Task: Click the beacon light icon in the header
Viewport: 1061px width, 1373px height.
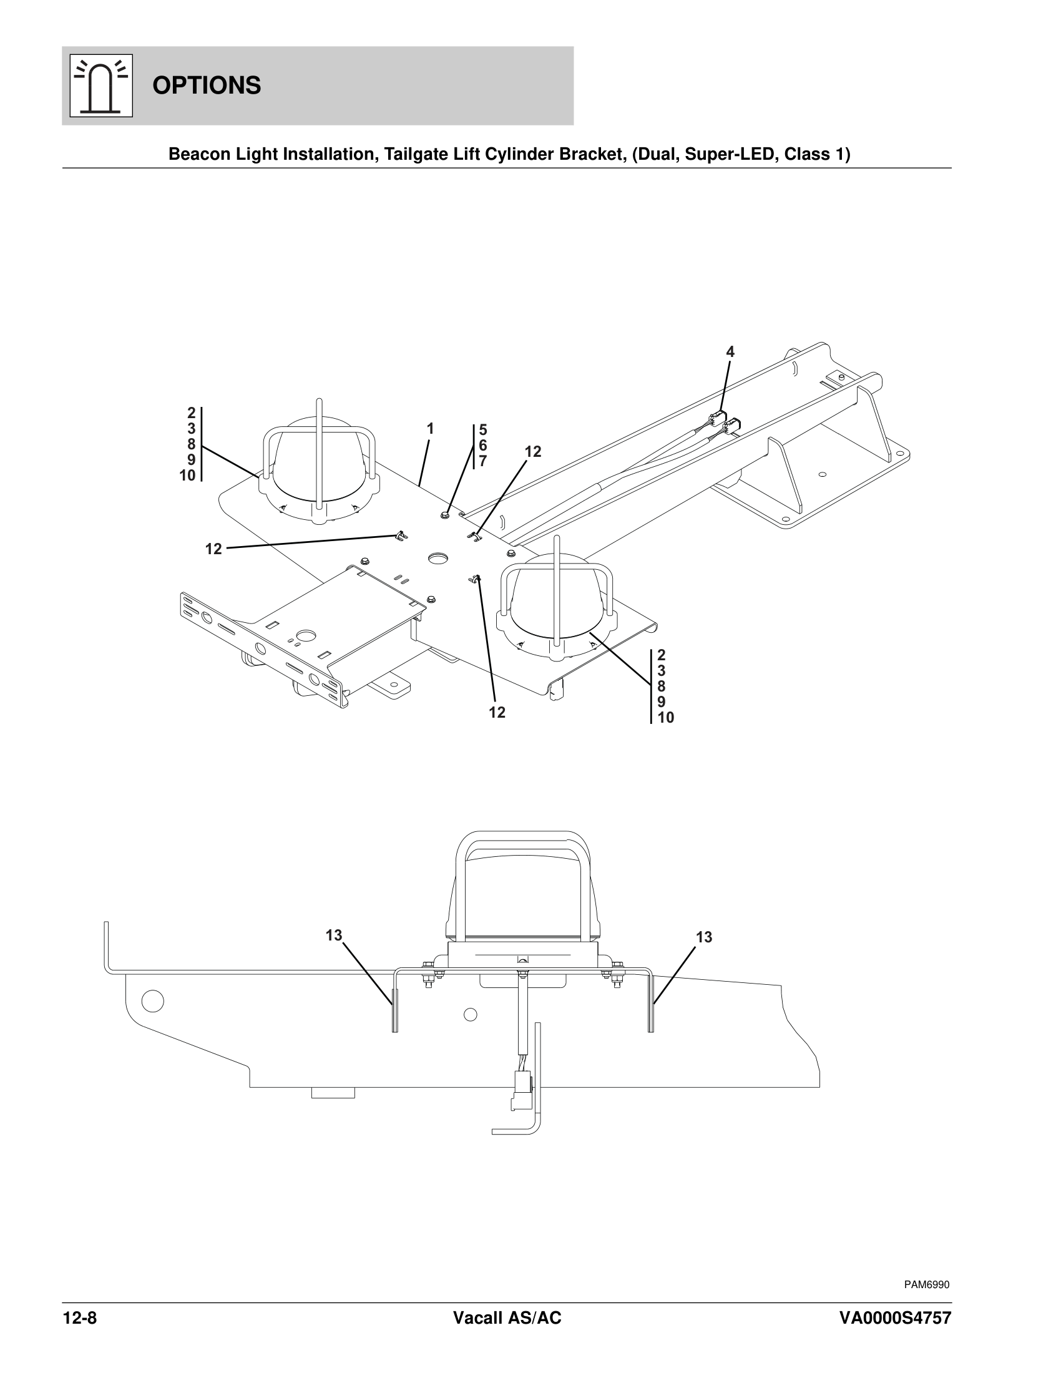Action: coord(100,86)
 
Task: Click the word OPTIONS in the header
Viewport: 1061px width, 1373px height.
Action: coord(206,86)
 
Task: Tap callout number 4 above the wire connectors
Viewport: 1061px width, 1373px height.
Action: coord(730,352)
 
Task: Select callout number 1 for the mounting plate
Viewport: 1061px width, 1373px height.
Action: coord(430,429)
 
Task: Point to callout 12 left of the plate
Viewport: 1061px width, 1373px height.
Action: coord(213,549)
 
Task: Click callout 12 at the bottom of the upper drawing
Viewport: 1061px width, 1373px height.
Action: coord(497,712)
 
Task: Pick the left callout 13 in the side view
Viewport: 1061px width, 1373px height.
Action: coord(334,936)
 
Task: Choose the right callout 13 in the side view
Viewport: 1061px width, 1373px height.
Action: coord(704,937)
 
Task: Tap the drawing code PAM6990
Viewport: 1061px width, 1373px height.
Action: coord(926,1284)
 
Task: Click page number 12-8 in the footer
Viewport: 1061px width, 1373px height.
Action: coord(80,1318)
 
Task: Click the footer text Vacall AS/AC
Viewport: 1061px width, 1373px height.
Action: coord(507,1318)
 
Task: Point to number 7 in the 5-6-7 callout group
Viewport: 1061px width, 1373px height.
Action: coord(482,461)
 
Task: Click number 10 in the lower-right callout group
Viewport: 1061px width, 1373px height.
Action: coord(666,717)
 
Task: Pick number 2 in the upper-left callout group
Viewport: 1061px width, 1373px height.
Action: coord(191,413)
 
